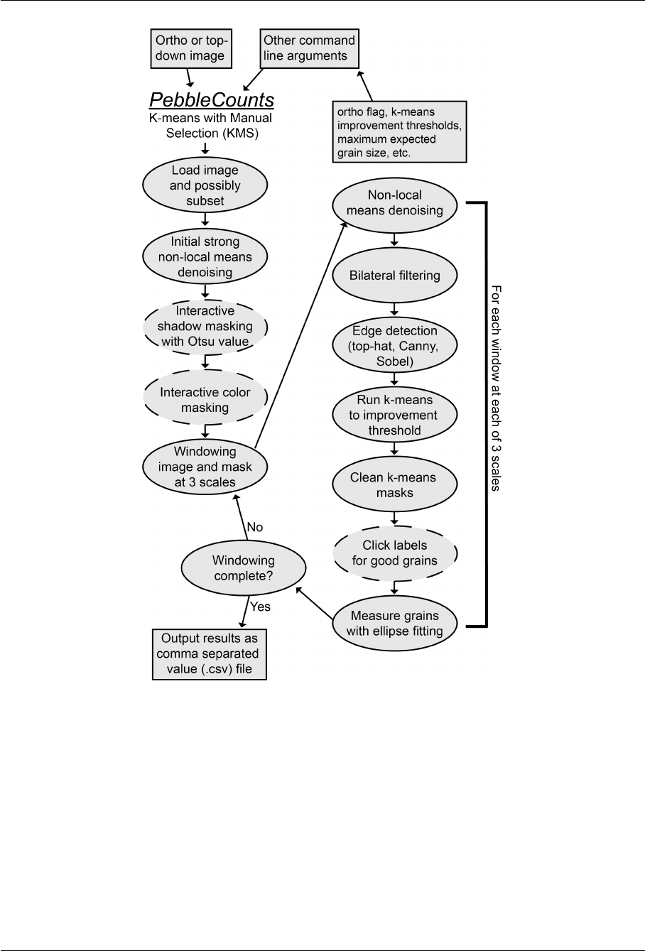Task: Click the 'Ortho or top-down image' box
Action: [187, 48]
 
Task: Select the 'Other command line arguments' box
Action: [308, 48]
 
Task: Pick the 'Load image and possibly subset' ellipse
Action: [206, 186]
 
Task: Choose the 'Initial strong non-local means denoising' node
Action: [206, 256]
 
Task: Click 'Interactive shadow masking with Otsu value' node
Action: [206, 325]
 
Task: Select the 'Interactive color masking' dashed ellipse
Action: [206, 400]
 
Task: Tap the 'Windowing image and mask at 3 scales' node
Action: [206, 467]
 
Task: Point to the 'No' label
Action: [254, 527]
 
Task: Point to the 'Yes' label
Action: [261, 608]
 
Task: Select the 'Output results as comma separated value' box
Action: [210, 653]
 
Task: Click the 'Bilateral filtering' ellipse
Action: [394, 276]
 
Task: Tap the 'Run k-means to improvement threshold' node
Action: [394, 415]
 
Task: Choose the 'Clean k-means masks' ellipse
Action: [394, 484]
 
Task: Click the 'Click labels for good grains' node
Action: [394, 552]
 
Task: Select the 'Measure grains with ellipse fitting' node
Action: [394, 623]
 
